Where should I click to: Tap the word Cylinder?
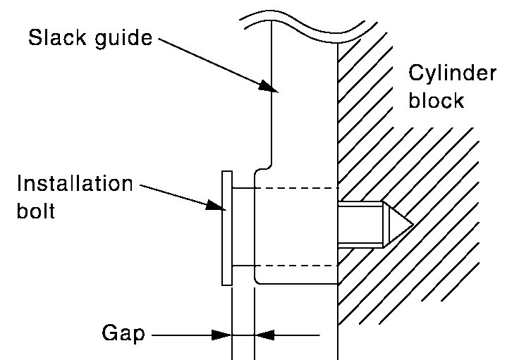[453, 75]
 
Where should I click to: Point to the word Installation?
[75, 184]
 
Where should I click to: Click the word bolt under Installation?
[35, 211]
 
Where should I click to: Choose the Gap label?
[123, 333]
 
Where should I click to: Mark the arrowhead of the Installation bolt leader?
[215, 206]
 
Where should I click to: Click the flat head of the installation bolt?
[226, 228]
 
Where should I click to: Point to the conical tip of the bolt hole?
[398, 225]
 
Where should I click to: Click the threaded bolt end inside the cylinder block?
[360, 225]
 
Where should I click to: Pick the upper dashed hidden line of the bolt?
[296, 188]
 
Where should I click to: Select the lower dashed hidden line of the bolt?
[296, 266]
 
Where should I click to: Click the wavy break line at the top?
[303, 21]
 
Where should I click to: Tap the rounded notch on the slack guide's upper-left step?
[262, 169]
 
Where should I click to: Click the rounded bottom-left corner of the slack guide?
[258, 280]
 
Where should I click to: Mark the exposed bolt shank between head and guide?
[243, 227]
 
